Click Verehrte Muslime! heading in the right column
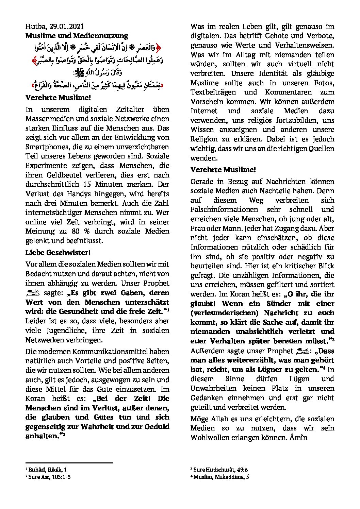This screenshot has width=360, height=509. point(223,169)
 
